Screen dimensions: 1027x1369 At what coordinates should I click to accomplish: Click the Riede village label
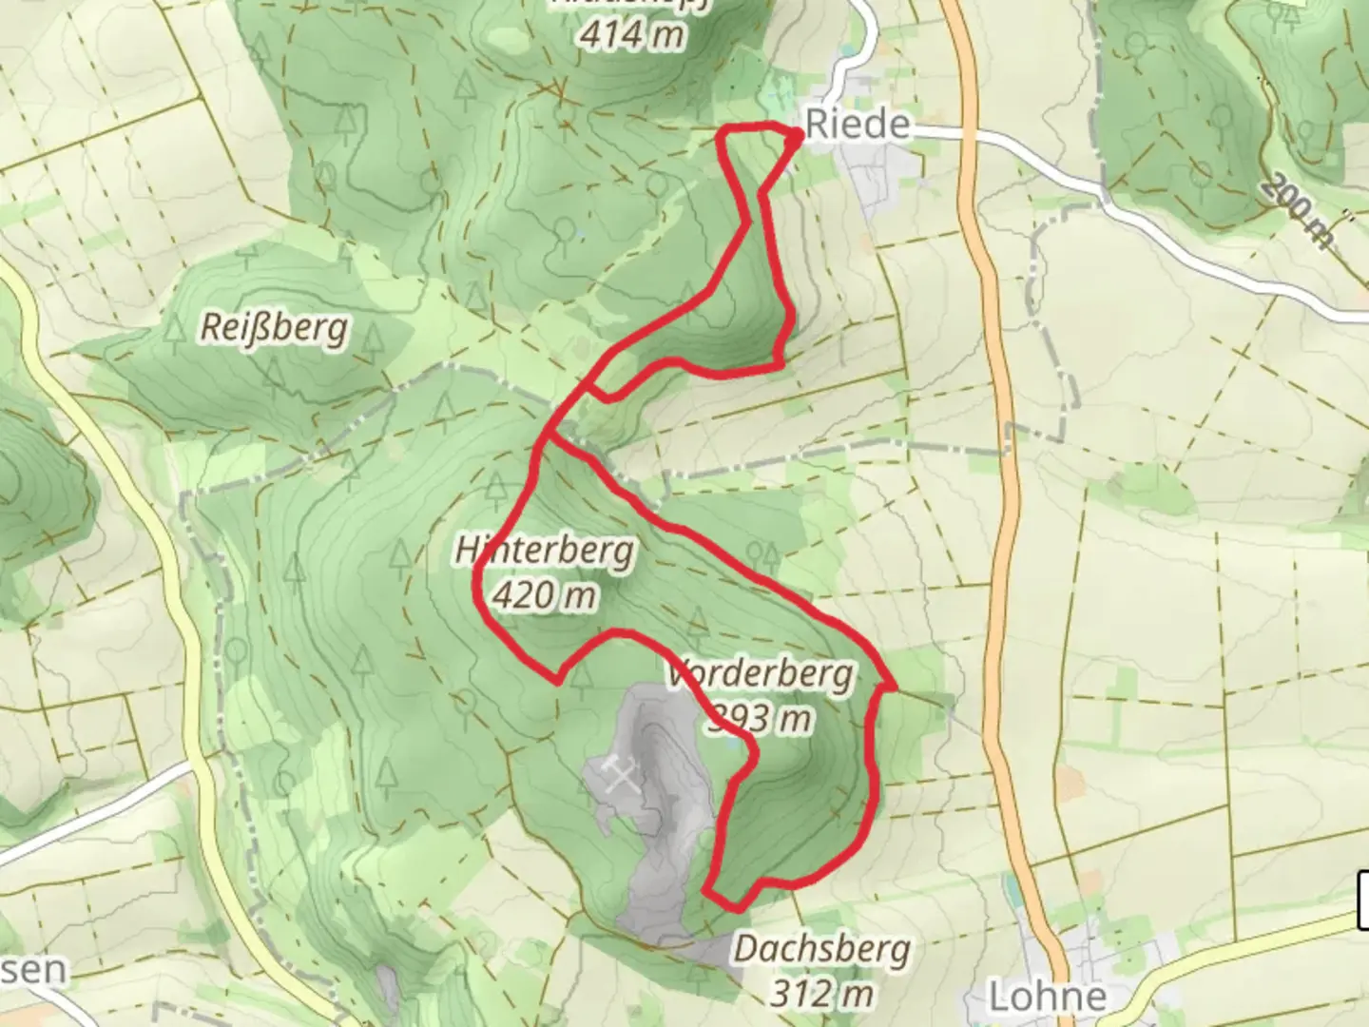click(x=858, y=125)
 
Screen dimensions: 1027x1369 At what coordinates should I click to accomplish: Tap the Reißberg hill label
click(x=274, y=328)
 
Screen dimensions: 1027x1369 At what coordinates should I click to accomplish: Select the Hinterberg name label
click(x=544, y=551)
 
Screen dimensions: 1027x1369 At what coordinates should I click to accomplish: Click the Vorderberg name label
click(x=761, y=674)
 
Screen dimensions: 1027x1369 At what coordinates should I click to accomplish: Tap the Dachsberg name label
click(x=821, y=949)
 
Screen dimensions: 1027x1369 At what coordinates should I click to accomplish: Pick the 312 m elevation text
click(x=821, y=994)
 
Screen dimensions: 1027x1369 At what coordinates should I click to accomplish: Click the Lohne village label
click(x=1048, y=998)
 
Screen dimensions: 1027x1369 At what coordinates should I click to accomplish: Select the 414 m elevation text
click(x=630, y=35)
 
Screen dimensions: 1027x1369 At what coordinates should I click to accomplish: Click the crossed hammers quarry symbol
click(x=621, y=777)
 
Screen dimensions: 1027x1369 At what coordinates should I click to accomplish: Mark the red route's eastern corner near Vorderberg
click(x=894, y=685)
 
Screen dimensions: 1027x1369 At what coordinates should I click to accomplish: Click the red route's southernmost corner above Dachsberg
click(x=708, y=891)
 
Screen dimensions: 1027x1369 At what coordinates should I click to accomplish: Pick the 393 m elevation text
click(x=761, y=719)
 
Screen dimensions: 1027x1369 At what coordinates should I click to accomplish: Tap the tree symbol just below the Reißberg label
click(x=276, y=373)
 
